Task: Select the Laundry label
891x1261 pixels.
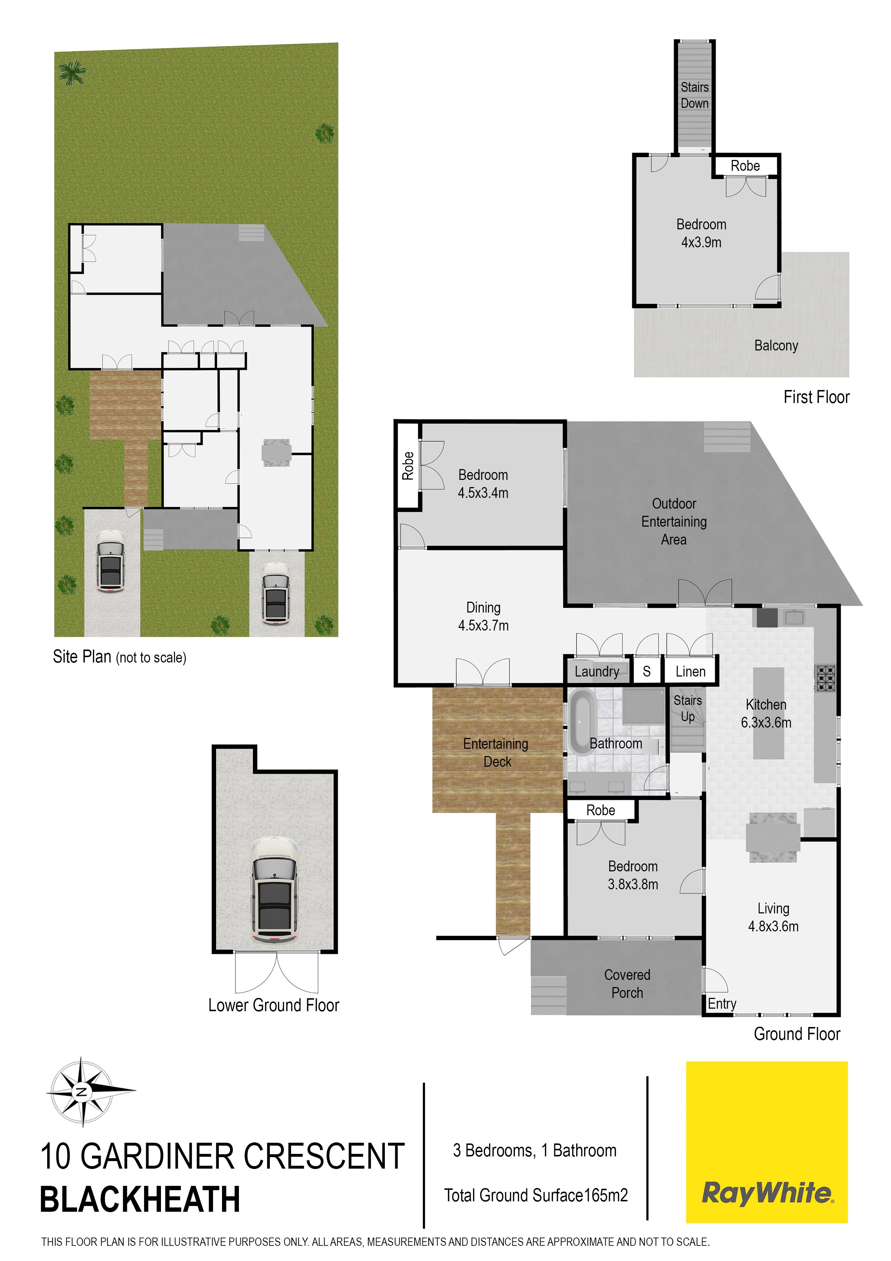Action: [597, 671]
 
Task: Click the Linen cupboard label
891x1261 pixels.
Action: [691, 671]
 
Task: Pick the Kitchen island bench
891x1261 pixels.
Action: [768, 713]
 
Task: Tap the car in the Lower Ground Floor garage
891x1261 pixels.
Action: [274, 890]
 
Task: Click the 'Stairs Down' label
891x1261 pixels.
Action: [694, 95]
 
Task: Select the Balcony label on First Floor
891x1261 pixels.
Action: [776, 345]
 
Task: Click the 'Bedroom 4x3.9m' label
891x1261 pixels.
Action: [701, 233]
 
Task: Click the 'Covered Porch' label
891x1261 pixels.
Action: [627, 983]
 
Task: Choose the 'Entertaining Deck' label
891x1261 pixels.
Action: [496, 752]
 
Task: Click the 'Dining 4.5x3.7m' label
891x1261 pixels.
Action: [483, 616]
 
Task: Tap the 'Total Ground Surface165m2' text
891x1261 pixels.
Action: [536, 1195]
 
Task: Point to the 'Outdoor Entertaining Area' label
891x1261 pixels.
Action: [674, 521]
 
